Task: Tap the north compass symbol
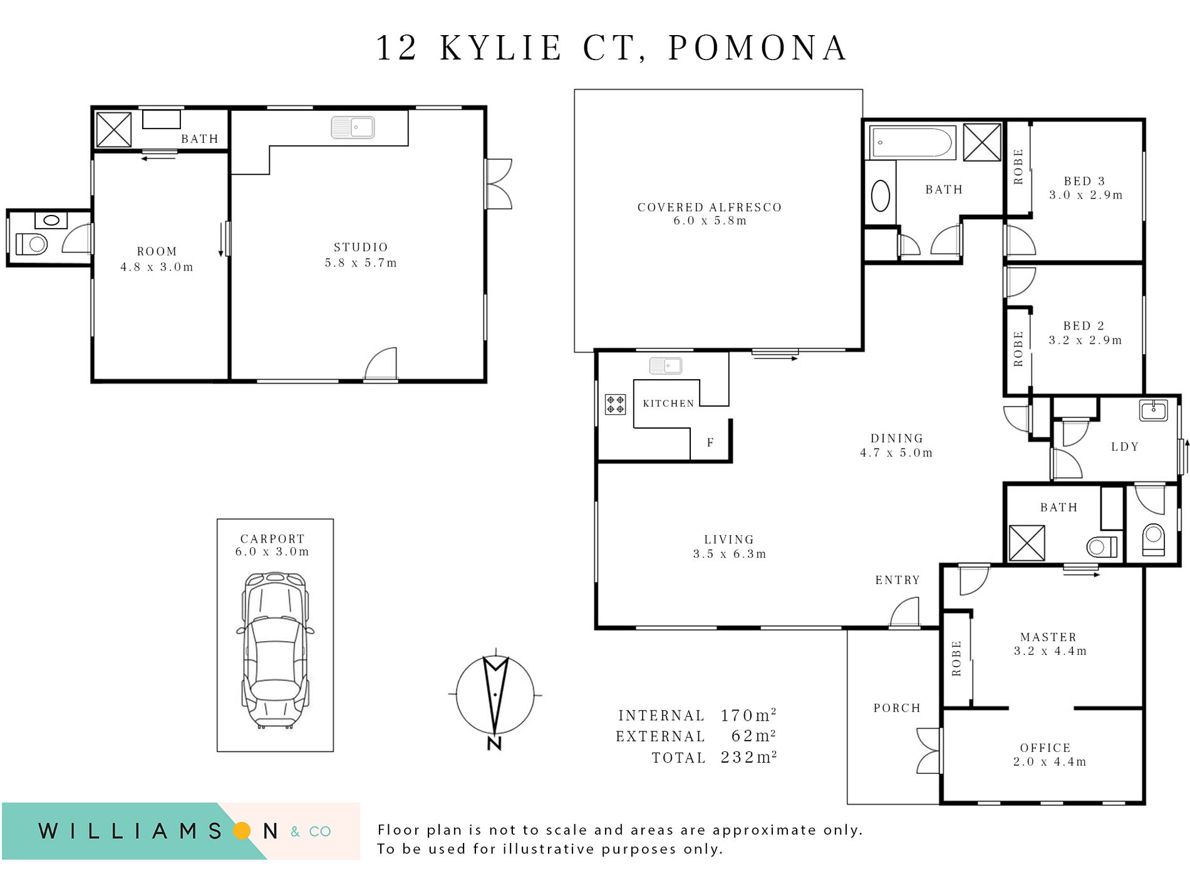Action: [x=495, y=696]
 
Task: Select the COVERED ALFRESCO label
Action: [x=709, y=207]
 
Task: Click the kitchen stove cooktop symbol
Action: [x=615, y=404]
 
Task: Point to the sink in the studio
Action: [x=353, y=127]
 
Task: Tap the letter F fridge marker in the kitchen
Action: [x=710, y=442]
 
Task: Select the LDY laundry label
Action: [x=1125, y=447]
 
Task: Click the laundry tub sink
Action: [x=1153, y=410]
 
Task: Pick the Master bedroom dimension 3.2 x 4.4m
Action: [x=1050, y=651]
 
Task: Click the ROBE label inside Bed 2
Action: [x=1018, y=348]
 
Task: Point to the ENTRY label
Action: [x=898, y=580]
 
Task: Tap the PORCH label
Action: [x=897, y=708]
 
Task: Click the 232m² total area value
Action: [x=748, y=757]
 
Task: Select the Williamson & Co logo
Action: [x=182, y=831]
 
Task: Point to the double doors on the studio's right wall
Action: [x=499, y=184]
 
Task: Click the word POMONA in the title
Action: [x=758, y=48]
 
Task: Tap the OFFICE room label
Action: [x=1045, y=748]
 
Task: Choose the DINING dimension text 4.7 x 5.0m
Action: [x=896, y=452]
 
